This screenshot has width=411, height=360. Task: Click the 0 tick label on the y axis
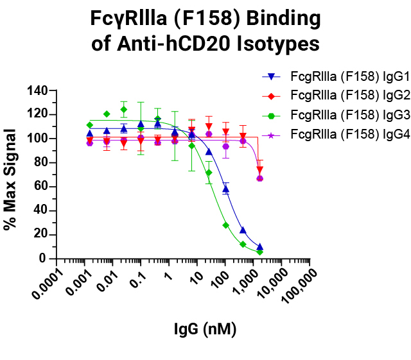coord(42,259)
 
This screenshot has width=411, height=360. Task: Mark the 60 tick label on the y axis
coord(39,187)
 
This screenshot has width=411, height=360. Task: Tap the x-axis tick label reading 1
coord(167,273)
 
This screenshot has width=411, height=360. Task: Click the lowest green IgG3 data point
coord(259,252)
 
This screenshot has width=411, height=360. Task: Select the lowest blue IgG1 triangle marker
coord(259,246)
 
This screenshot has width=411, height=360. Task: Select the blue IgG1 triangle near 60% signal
coord(225,189)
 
